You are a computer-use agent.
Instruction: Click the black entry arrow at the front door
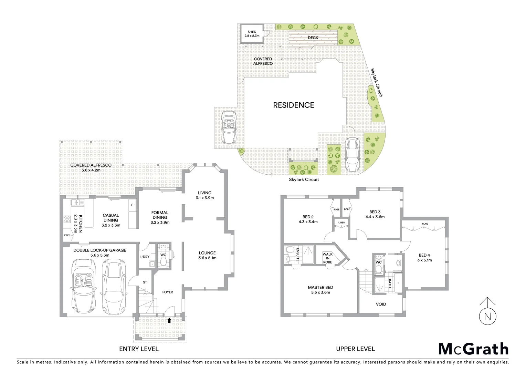[169, 320]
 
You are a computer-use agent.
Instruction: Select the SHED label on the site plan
[252, 32]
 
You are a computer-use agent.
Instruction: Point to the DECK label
[313, 38]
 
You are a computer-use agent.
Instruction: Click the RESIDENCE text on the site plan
[293, 105]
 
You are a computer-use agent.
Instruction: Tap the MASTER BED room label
[320, 287]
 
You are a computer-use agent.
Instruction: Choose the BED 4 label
[425, 255]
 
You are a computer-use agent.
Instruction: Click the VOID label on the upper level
[381, 304]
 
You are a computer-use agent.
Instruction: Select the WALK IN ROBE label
[327, 258]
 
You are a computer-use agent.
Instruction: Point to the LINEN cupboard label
[341, 223]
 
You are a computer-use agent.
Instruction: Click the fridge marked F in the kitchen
[132, 205]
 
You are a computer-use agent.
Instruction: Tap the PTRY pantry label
[67, 236]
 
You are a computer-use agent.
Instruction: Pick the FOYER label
[168, 292]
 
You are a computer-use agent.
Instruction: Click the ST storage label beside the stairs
[145, 282]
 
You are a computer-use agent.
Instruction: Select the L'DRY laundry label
[145, 257]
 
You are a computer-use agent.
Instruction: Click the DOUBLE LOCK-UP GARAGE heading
[99, 250]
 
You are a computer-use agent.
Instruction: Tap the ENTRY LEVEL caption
[139, 349]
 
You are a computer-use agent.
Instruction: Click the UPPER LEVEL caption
[355, 349]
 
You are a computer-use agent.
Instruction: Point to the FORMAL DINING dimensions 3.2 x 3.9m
[160, 222]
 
